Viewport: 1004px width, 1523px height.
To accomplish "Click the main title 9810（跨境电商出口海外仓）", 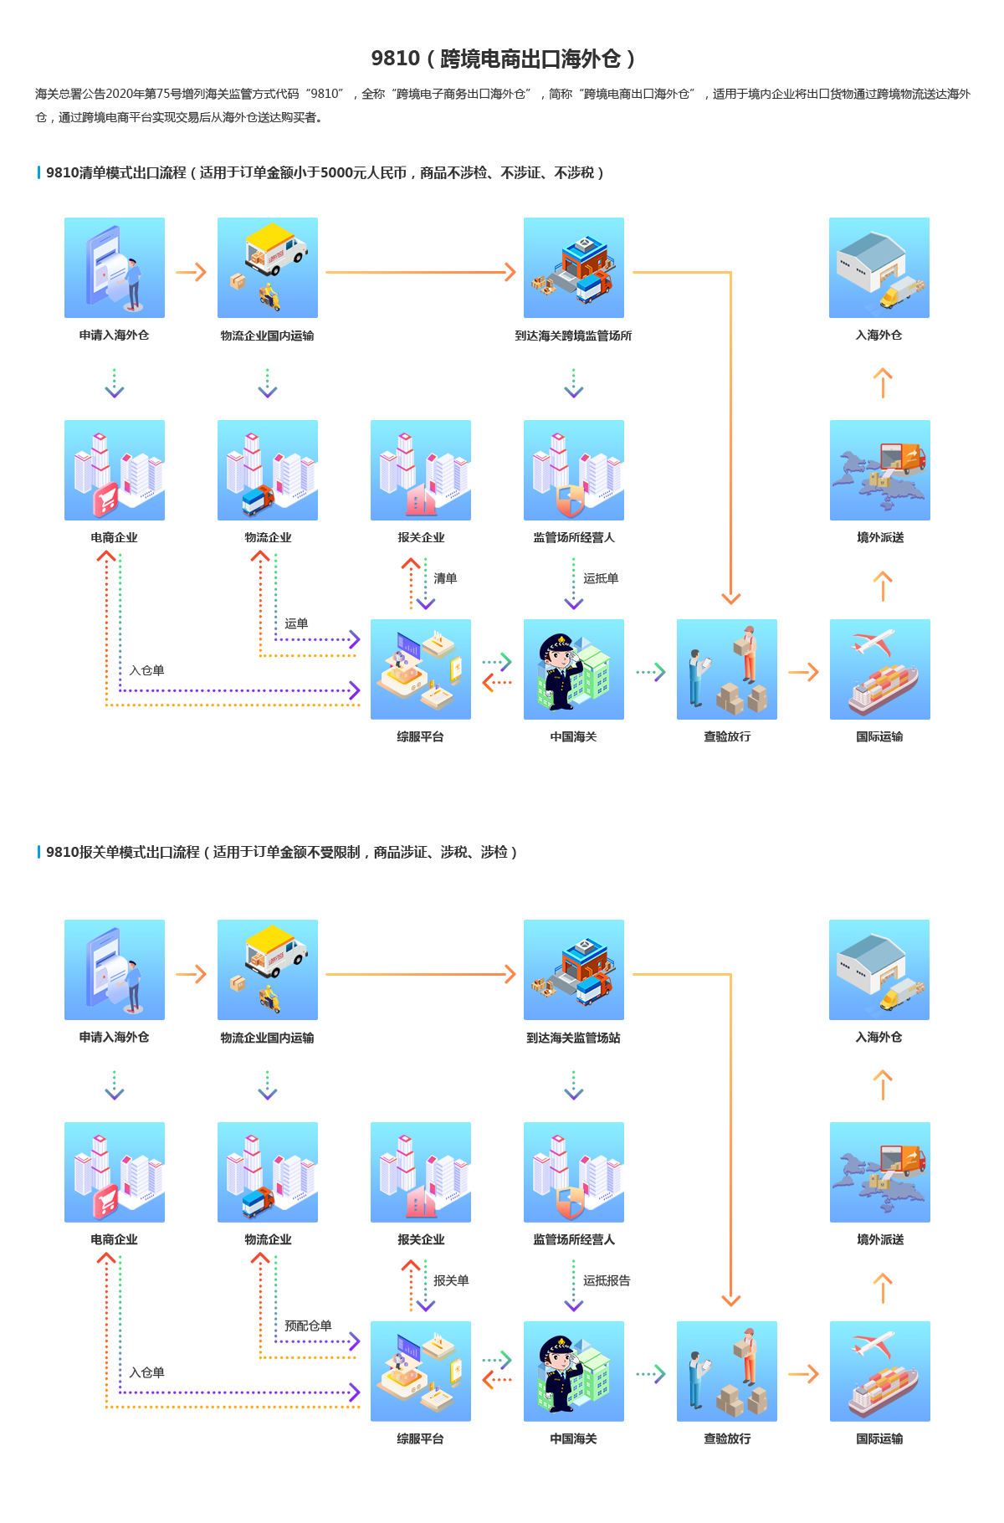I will (x=502, y=59).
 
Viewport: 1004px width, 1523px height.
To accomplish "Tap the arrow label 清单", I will (x=445, y=578).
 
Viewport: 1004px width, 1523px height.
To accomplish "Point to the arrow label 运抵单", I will (x=601, y=578).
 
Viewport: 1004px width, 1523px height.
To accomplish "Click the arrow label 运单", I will (x=296, y=623).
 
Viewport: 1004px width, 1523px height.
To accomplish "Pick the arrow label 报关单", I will (x=451, y=1281).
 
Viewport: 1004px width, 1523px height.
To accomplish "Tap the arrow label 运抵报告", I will (x=607, y=1281).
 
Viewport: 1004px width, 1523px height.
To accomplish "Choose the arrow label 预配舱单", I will (x=308, y=1326).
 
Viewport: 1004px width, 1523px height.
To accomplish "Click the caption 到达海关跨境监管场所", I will (x=573, y=336).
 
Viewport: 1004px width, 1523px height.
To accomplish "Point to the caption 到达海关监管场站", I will (x=573, y=1038).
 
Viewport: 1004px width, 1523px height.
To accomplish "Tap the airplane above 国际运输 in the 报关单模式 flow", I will (x=873, y=1345).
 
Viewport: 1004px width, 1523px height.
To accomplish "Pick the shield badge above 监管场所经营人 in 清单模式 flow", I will (x=570, y=500).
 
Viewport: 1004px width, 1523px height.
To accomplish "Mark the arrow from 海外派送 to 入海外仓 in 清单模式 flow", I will (x=882, y=383).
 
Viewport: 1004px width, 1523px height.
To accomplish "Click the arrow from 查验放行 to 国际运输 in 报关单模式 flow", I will (x=803, y=1374).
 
